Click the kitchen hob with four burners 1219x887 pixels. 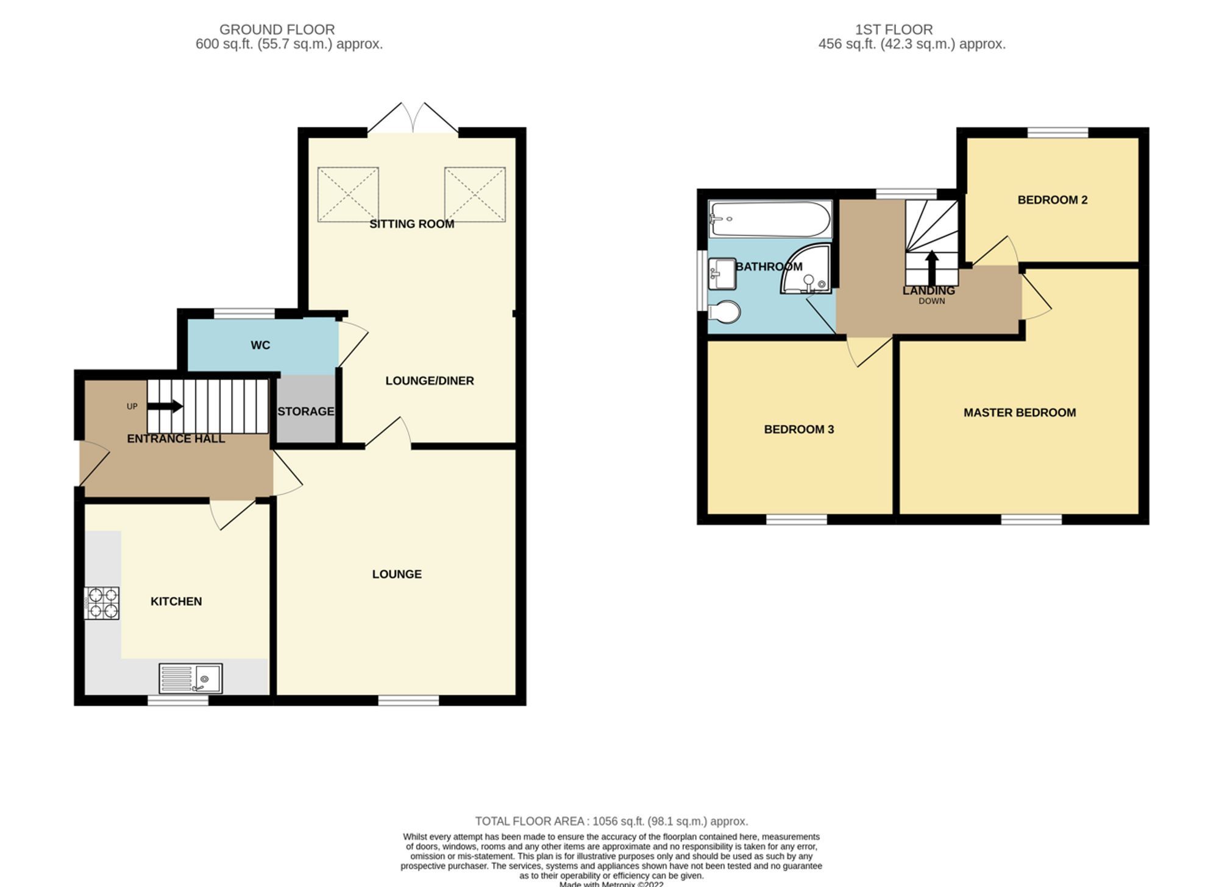pos(102,603)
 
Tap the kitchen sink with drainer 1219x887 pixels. pos(190,678)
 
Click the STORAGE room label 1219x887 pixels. pos(306,411)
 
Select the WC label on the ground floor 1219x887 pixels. pos(260,345)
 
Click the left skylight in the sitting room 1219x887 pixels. pos(348,194)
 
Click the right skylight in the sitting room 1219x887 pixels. pos(475,194)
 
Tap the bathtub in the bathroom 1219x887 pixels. pos(769,219)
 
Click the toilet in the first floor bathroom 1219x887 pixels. pos(725,312)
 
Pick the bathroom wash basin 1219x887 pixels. pos(722,274)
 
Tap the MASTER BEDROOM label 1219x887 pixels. pos(1019,412)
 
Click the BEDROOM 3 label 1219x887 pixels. pos(798,429)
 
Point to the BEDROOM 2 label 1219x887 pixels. pos(1052,200)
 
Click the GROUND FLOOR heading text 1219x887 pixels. pos(277,29)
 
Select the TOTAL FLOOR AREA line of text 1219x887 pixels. pos(611,821)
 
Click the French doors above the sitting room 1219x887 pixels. pos(413,119)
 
